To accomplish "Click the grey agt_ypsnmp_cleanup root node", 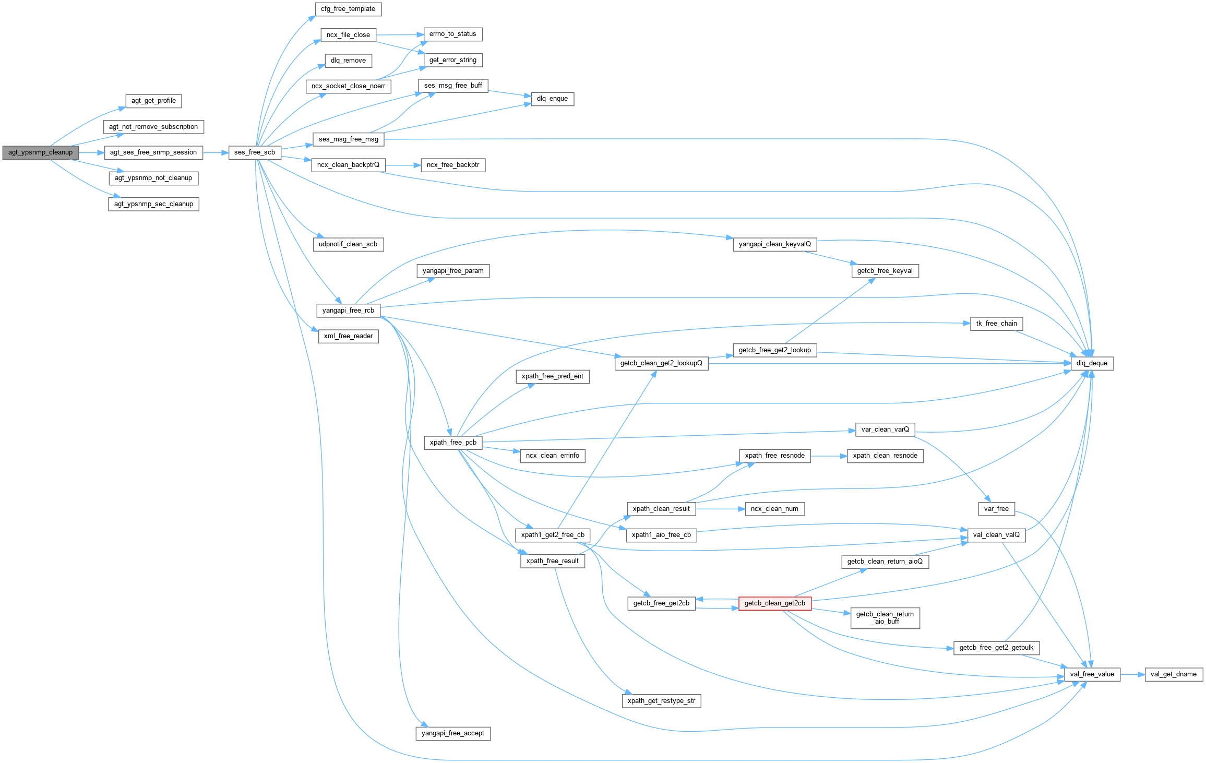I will pos(40,152).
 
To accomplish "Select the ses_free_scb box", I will pos(254,152).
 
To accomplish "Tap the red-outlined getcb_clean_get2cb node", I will pos(774,603).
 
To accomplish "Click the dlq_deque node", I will pos(1092,363).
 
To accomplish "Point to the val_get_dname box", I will pos(1173,674).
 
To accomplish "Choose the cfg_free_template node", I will pos(348,9).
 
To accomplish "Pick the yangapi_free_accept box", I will pos(452,733).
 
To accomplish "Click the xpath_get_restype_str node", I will pos(661,701).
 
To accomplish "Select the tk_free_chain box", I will pos(996,324).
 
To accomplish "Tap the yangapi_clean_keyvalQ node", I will pos(774,244).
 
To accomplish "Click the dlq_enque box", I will pos(552,99).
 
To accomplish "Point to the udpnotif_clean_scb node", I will pos(348,244).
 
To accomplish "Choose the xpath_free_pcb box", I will pos(452,443).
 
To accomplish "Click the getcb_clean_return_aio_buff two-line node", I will pos(885,618).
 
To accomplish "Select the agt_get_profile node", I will pos(153,101).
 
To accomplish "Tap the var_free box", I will pos(996,509).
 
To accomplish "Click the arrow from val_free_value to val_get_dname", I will pos(1132,674).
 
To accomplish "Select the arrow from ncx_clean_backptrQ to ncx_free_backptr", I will pos(403,165).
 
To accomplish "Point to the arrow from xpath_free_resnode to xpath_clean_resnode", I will pos(829,456).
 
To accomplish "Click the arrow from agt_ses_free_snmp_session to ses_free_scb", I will pos(216,152).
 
